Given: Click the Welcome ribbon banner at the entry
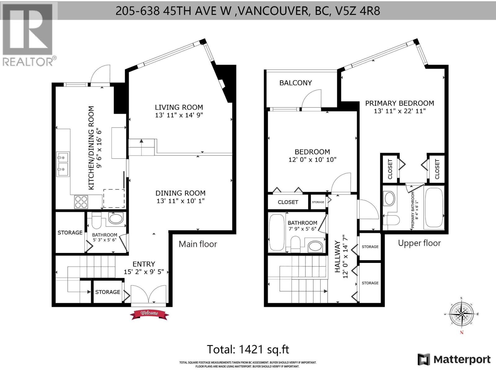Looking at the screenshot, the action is click(149, 314).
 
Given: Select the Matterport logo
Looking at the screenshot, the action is click(454, 359).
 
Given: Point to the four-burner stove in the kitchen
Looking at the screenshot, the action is click(81, 202).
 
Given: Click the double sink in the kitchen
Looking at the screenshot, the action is click(63, 164).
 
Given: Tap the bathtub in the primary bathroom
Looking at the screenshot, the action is click(434, 207).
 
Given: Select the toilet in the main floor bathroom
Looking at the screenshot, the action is click(96, 220).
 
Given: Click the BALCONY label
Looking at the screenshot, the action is click(295, 83).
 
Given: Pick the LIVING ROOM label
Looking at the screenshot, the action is click(179, 107).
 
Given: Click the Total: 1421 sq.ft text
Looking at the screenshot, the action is click(248, 349).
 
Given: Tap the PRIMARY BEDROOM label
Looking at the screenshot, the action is click(400, 103).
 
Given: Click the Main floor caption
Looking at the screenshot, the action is click(198, 244).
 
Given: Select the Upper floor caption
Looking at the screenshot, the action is click(419, 243).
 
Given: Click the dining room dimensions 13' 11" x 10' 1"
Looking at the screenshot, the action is click(180, 201).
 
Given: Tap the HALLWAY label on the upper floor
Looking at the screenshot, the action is click(337, 257).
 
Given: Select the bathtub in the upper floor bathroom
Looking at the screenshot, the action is click(277, 232).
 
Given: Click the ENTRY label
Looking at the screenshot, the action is click(144, 264).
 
